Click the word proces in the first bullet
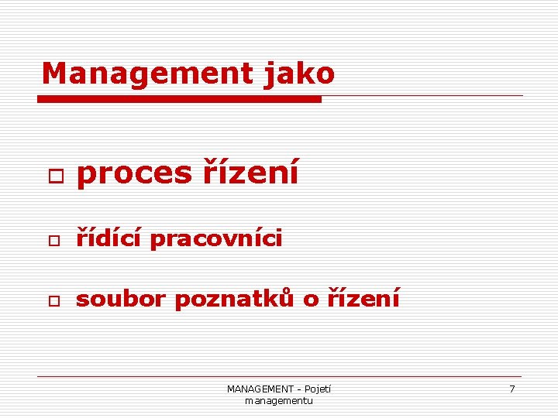click(134, 173)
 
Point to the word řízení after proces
click(250, 173)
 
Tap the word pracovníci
click(216, 240)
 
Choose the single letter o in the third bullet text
click(311, 300)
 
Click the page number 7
click(511, 389)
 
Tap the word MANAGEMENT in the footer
click(260, 389)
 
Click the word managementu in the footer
click(279, 400)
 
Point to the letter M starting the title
click(54, 74)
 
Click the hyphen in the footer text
click(299, 389)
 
